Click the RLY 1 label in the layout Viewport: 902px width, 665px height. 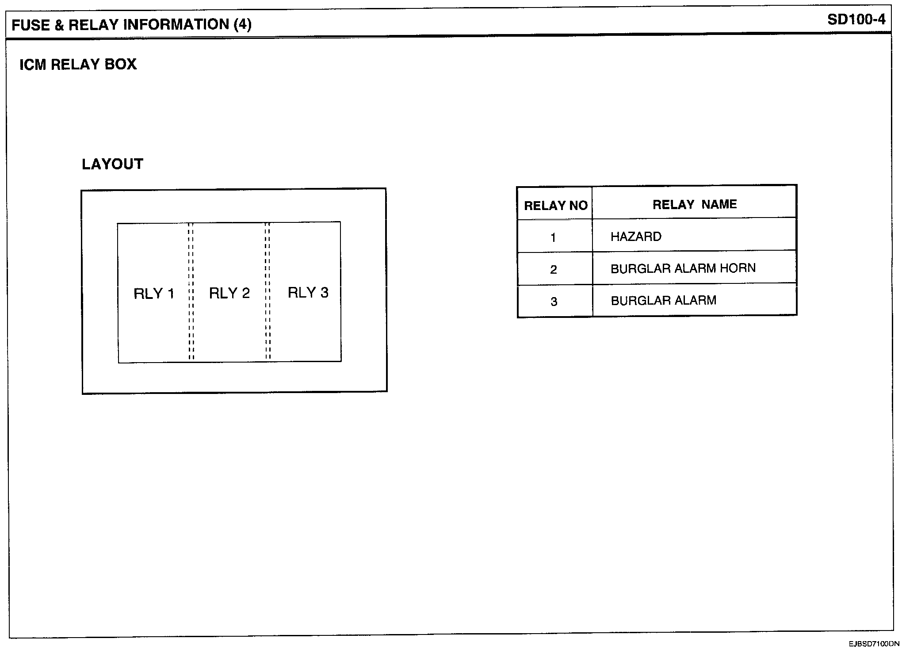154,294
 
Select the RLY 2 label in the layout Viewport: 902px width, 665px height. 229,293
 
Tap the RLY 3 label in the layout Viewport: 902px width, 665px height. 308,293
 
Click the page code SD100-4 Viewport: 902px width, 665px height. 856,20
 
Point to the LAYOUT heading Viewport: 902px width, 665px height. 112,164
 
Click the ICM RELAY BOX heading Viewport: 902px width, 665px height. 78,65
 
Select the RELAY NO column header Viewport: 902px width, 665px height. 555,206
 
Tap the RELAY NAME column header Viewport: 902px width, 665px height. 695,204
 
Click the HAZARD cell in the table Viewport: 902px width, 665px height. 636,237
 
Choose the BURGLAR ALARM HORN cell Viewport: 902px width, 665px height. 683,268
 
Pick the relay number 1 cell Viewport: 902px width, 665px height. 553,238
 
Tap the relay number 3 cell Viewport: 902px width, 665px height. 554,302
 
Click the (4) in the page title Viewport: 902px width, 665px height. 242,24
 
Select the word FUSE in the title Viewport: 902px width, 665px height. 31,25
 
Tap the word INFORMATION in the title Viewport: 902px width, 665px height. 176,24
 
